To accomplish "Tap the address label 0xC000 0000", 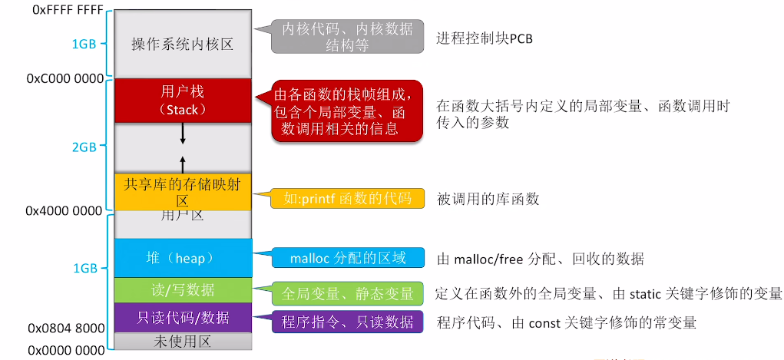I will (x=65, y=78).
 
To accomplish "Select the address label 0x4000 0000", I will (x=65, y=210).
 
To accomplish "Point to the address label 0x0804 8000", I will (x=66, y=328).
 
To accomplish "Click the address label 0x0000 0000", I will (x=66, y=350).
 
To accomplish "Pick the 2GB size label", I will (x=84, y=148).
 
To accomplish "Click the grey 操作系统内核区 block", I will (x=182, y=45).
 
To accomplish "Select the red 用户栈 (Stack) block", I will (x=182, y=100).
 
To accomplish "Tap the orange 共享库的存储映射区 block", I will (x=182, y=191).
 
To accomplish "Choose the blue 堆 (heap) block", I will (x=182, y=258).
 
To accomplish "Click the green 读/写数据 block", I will (x=182, y=289).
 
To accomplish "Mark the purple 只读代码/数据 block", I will (x=182, y=317).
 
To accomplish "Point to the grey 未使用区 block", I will (x=182, y=341).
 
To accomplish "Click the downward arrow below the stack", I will (x=183, y=134).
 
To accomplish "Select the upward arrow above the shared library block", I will (x=183, y=163).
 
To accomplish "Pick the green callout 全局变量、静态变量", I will (x=347, y=292).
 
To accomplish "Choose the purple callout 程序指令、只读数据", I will (x=347, y=322).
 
